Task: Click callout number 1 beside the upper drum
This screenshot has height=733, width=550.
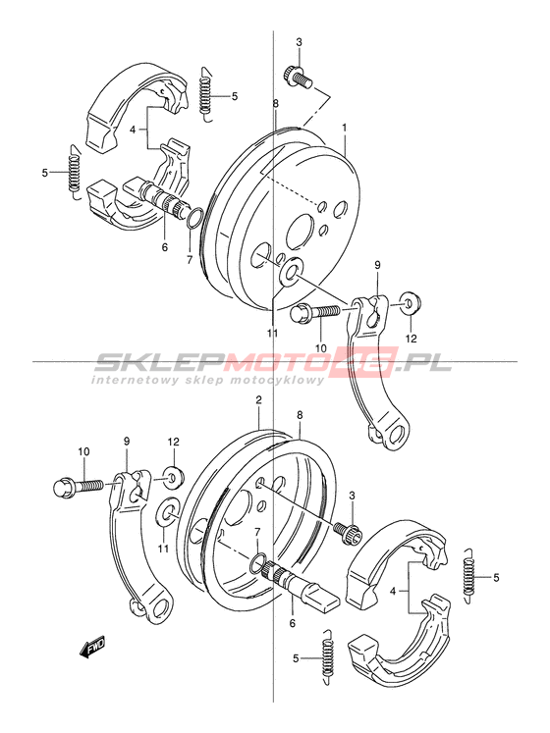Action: point(344,127)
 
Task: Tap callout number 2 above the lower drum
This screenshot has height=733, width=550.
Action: point(258,399)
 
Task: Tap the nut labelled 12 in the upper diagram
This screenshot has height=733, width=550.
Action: point(410,303)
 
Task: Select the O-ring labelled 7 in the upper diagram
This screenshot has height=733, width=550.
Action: point(194,218)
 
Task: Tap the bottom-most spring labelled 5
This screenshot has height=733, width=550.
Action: point(329,658)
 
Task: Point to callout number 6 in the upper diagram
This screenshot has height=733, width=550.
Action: point(165,247)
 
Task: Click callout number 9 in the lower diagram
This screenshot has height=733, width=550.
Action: point(127,441)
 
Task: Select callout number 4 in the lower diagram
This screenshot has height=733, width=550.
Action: point(393,592)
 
